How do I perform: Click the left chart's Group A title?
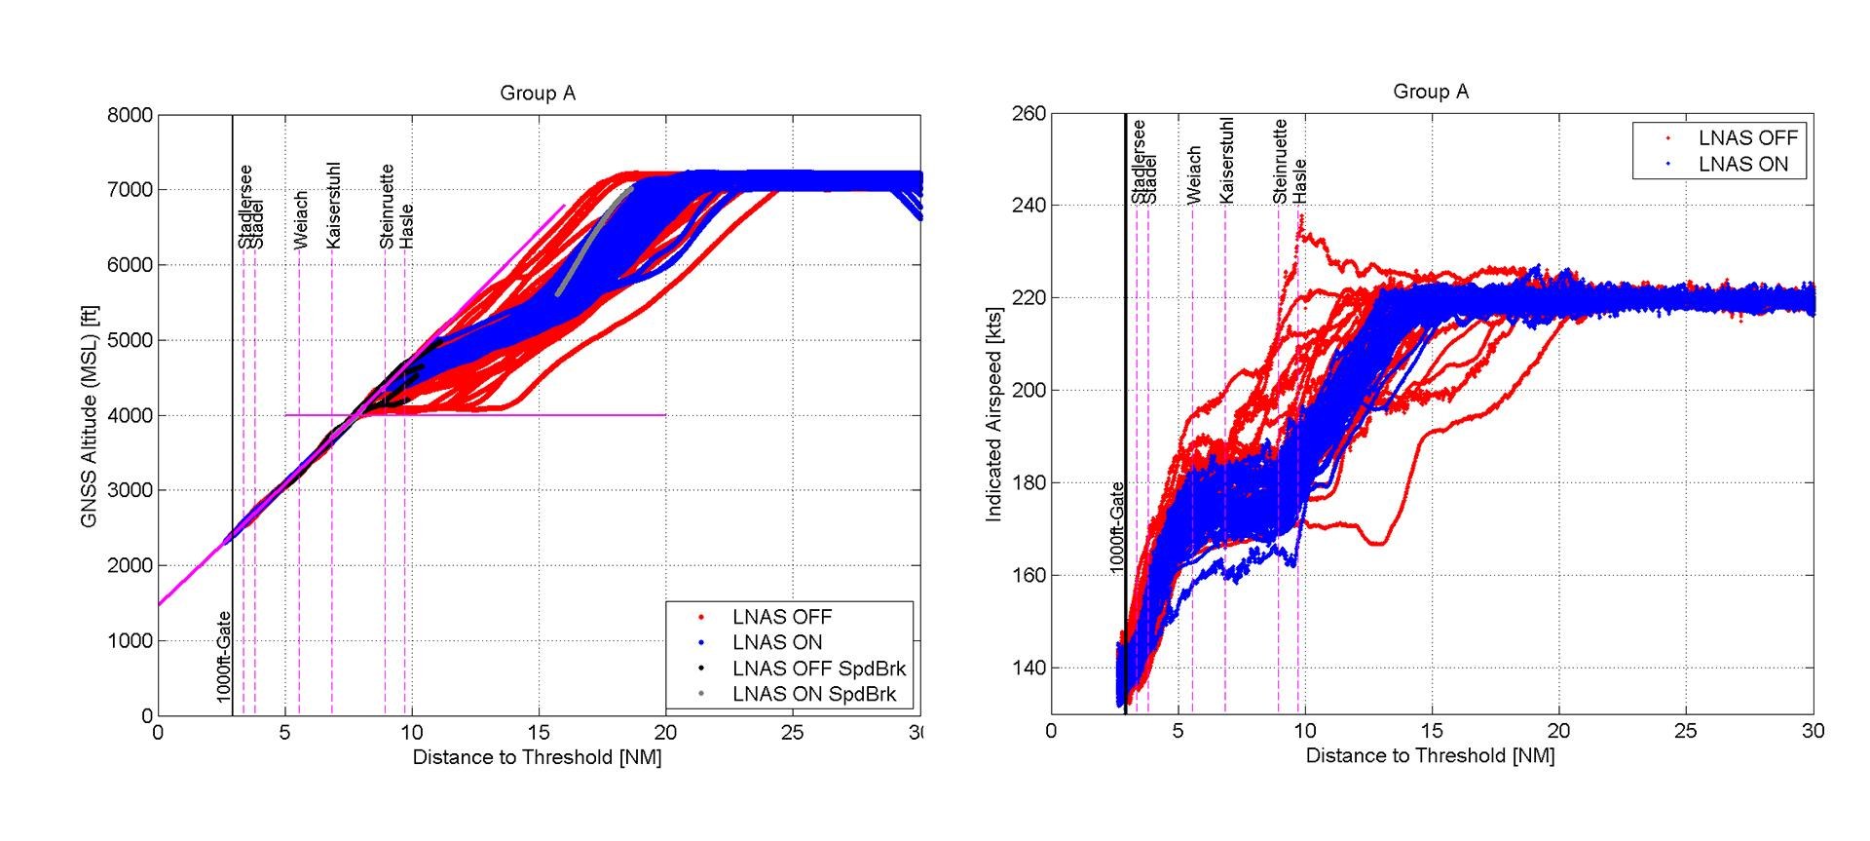[537, 94]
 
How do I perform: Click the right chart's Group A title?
[1430, 92]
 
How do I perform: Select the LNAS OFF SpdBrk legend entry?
[818, 669]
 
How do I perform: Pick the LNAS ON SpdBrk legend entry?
[813, 694]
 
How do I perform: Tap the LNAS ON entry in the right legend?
[1742, 165]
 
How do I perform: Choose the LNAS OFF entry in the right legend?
[1747, 138]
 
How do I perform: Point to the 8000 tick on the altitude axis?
[131, 115]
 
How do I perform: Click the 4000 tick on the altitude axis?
[131, 415]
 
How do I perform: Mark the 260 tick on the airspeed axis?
[1029, 114]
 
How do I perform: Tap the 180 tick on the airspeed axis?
[1029, 483]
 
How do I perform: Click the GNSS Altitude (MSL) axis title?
[90, 416]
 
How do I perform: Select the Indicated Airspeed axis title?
[993, 411]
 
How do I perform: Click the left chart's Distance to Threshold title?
[537, 757]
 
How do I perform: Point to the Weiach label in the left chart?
[301, 219]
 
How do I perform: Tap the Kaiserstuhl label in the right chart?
[1226, 161]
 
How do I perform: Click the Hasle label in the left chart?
[407, 226]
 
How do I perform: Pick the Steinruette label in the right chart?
[1280, 162]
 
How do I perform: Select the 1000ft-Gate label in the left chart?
[224, 657]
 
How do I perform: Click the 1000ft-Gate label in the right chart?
[1117, 527]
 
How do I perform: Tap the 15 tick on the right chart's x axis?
[1431, 731]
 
